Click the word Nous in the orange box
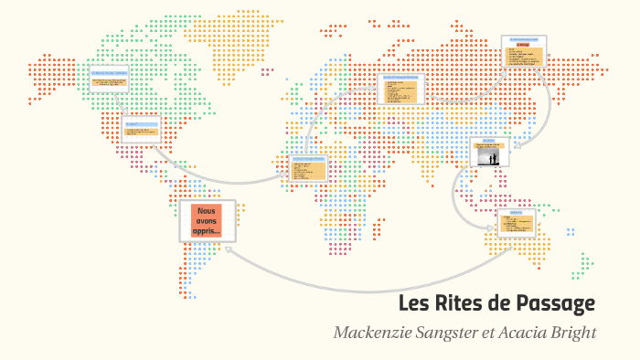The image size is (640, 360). click(x=207, y=211)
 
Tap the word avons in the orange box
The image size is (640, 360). click(x=207, y=221)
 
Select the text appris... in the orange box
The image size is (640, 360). click(x=207, y=231)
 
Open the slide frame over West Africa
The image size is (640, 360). click(x=308, y=173)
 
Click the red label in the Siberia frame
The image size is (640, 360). click(x=523, y=45)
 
